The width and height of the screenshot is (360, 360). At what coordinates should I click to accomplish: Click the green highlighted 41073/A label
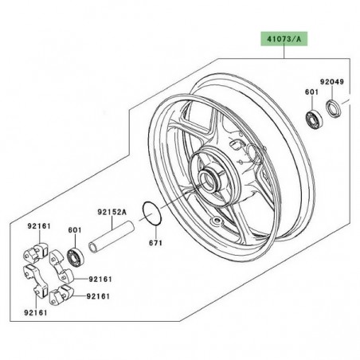coord(284,39)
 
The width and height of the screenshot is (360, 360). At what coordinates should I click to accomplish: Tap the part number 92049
coord(332,82)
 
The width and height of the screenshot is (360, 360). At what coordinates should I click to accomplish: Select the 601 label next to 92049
coord(311,92)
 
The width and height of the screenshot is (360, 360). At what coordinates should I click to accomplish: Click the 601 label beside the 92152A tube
coord(75,230)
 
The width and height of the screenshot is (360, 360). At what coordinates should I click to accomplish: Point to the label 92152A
coord(112,212)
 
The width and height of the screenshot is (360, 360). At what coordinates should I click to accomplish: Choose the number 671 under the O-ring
coord(155,243)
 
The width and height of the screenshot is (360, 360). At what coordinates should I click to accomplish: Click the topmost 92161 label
coord(39,226)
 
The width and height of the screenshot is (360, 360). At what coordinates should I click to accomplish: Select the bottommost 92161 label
coord(36,312)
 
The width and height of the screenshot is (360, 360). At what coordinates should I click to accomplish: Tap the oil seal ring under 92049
coord(334,108)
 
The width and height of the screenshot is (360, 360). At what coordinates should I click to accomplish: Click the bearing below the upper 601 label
coord(314,119)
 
